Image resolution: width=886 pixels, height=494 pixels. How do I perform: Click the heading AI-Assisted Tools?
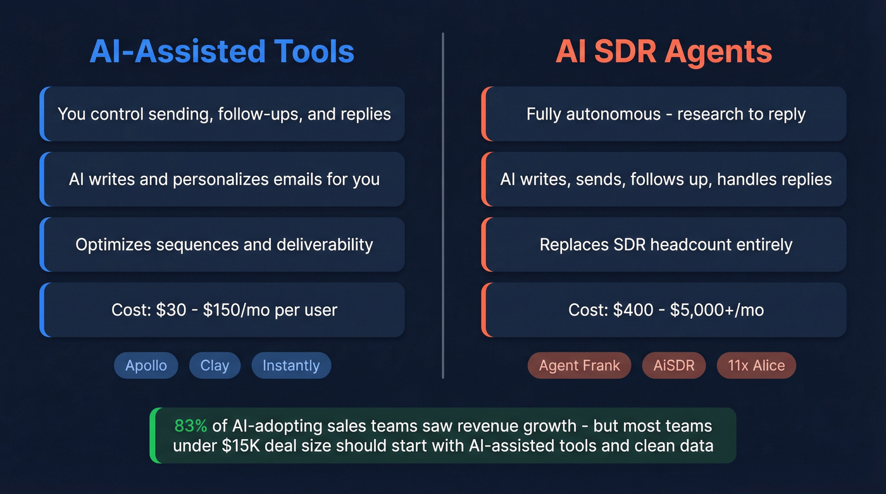(x=221, y=52)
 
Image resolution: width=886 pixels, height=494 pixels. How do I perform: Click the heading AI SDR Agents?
(x=664, y=52)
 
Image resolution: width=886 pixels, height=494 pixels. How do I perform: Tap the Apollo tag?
(x=146, y=366)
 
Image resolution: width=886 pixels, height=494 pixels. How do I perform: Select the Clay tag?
(x=215, y=366)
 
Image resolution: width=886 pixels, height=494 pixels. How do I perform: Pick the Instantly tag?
(x=291, y=366)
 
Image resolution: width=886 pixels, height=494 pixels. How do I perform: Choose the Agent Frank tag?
(x=580, y=366)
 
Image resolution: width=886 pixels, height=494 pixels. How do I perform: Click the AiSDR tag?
(x=674, y=366)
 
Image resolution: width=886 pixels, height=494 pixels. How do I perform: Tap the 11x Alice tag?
(x=756, y=366)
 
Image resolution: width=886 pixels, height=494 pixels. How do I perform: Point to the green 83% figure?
(x=190, y=426)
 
